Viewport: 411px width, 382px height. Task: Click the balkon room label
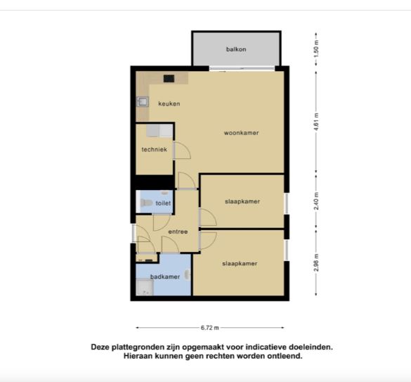coord(236,49)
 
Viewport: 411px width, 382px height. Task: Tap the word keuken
coord(169,103)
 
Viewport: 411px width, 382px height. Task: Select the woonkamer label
coord(241,133)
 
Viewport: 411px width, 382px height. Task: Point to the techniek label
coord(154,149)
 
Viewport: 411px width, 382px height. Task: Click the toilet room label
coord(163,203)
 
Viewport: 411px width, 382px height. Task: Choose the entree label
coord(178,231)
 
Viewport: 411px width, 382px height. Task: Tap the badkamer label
coord(165,276)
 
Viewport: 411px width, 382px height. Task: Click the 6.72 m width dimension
coord(209,328)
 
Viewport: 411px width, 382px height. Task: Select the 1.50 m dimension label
coord(316,49)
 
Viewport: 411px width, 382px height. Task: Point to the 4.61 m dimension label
coord(316,122)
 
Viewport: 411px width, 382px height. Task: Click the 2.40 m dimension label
coord(316,200)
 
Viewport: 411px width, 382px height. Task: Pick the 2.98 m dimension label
coord(316,262)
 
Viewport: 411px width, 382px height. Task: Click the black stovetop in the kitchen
coord(169,78)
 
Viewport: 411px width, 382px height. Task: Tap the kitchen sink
coord(143,101)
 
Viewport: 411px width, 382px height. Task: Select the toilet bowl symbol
coord(146,203)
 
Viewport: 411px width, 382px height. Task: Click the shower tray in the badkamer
coord(145,287)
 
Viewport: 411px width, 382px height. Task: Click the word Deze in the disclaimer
coord(100,347)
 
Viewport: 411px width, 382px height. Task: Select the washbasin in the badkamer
coord(188,274)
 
